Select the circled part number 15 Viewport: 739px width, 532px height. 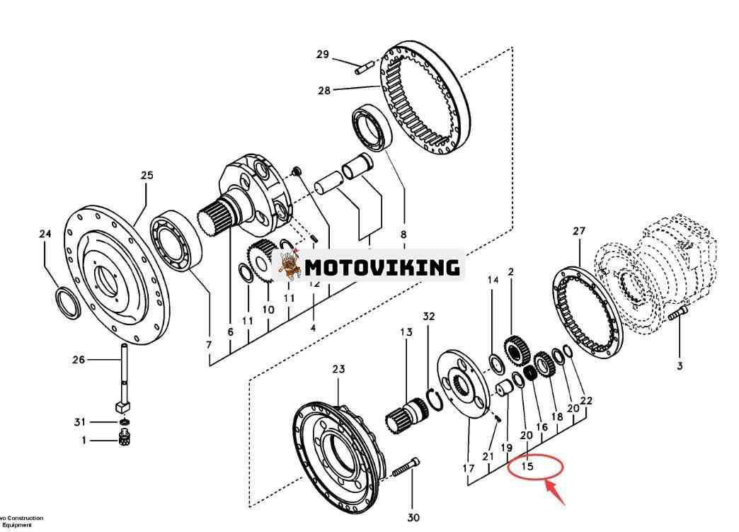point(527,466)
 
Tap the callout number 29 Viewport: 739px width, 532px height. point(323,55)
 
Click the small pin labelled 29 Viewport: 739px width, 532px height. point(365,67)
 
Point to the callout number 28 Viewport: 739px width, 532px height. point(324,90)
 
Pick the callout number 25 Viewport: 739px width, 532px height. point(147,175)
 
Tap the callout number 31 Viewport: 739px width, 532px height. point(80,422)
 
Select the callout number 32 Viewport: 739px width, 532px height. point(429,316)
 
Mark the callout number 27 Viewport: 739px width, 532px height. point(579,231)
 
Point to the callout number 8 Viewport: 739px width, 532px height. point(403,234)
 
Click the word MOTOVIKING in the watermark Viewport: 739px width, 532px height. point(382,267)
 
